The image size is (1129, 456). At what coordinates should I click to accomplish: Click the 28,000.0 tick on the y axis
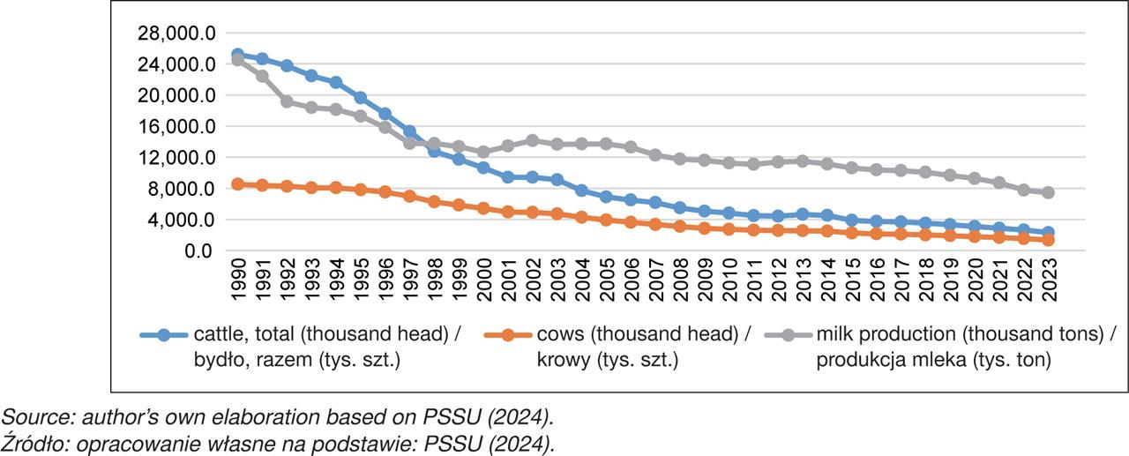tap(177, 34)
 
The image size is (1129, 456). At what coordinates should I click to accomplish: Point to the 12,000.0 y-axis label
tap(177, 158)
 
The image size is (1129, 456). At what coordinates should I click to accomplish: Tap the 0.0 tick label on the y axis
tap(198, 251)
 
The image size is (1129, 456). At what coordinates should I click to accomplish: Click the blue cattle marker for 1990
tap(237, 55)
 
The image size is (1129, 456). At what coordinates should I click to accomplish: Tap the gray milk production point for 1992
tap(287, 101)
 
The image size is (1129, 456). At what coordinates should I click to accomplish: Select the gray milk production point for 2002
tap(532, 140)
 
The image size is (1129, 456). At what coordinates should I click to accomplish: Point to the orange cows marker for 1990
tap(237, 184)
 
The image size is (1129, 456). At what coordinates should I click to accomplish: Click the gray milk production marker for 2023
tap(1048, 192)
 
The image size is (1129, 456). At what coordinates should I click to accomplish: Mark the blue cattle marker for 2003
tap(557, 180)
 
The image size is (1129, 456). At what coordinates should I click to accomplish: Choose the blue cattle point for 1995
tap(360, 98)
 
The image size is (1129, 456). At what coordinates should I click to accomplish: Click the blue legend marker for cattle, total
tap(163, 335)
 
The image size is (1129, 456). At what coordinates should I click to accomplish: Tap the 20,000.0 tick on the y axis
tap(177, 95)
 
